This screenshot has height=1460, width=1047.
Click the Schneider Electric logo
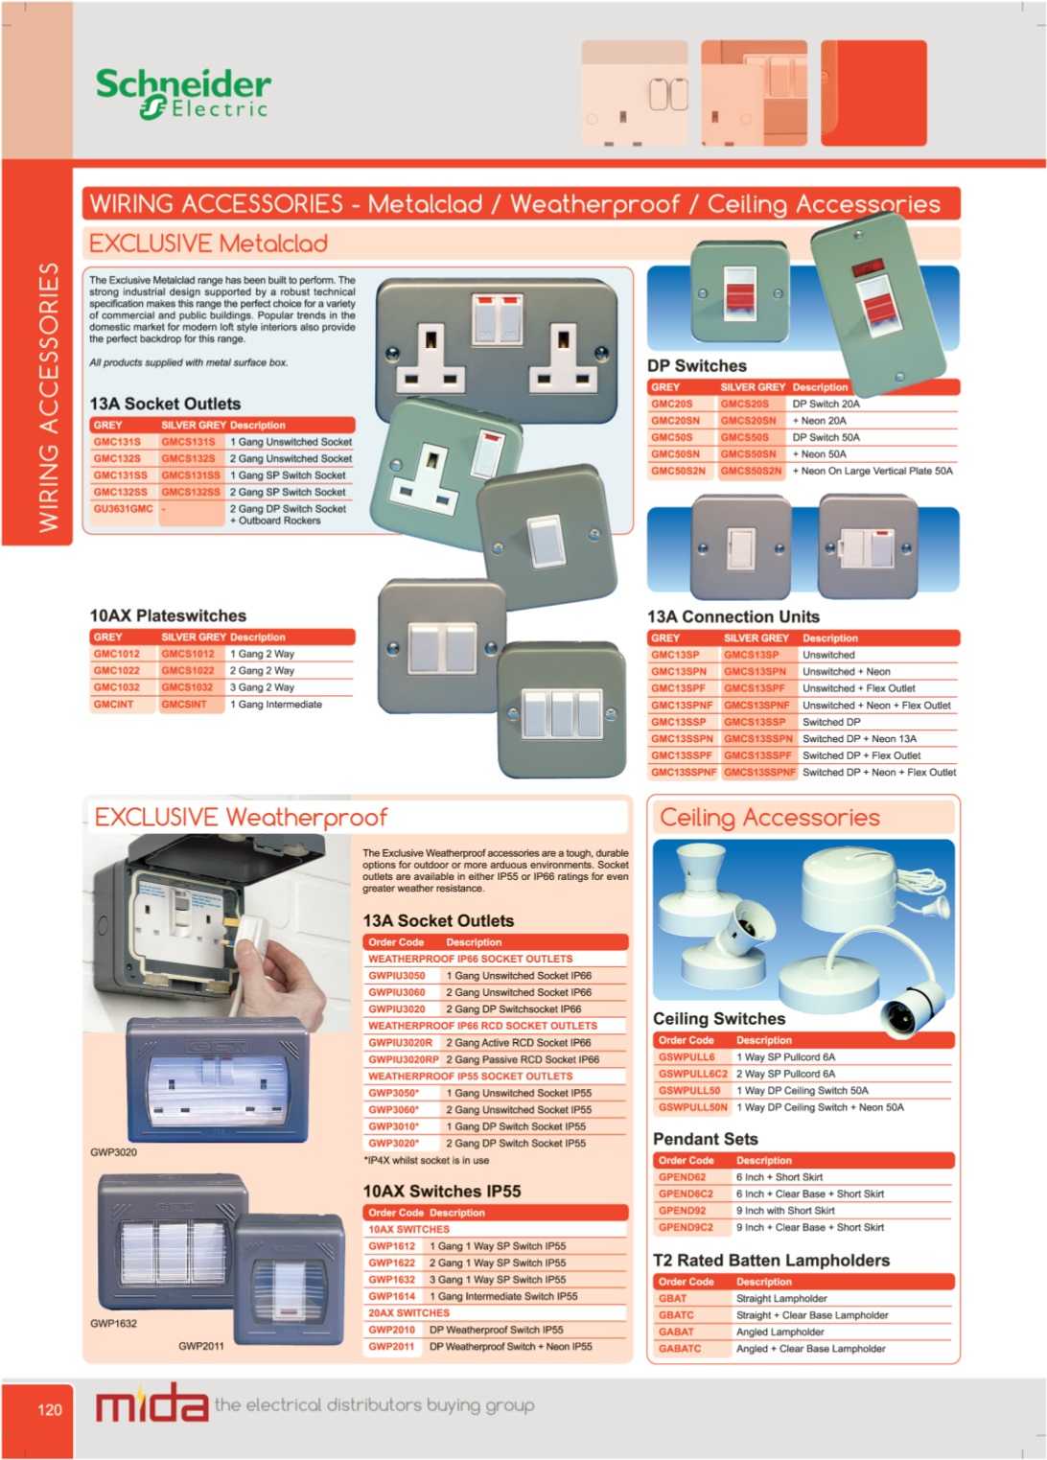tap(183, 94)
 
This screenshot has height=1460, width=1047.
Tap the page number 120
tap(50, 1410)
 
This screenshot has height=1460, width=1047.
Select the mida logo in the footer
tap(151, 1404)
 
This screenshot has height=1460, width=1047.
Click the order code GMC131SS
tap(120, 475)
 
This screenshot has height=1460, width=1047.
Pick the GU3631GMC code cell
tap(124, 508)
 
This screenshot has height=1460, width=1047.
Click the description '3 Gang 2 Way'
tap(262, 687)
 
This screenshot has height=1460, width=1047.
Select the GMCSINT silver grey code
tap(184, 704)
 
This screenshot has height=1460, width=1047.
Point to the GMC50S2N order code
tap(678, 471)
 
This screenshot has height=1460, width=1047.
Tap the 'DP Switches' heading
tap(697, 365)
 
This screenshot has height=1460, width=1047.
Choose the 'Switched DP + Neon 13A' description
tap(859, 738)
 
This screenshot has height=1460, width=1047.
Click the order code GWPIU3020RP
tap(404, 1059)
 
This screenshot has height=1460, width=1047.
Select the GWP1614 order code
tap(392, 1296)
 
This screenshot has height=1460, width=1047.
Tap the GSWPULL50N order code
tap(692, 1106)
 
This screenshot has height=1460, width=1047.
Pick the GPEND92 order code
tap(682, 1210)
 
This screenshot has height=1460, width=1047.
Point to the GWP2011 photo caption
tap(200, 1346)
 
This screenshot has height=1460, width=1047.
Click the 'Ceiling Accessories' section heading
tap(770, 818)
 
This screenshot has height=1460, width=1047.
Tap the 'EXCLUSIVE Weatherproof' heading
tap(241, 817)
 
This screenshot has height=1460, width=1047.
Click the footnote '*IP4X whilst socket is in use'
tap(426, 1160)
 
